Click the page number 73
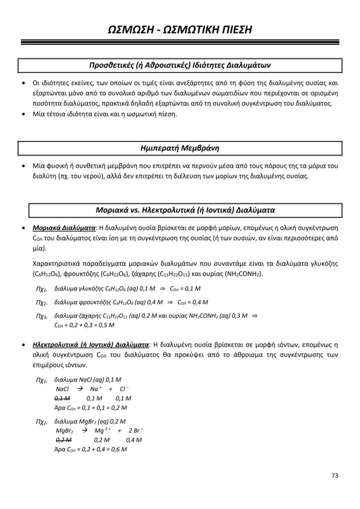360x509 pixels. pyautogui.click(x=334, y=476)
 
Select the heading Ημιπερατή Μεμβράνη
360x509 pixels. pyautogui.click(x=180, y=148)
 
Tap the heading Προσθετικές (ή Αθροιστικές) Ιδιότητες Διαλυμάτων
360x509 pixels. pyautogui.click(x=180, y=65)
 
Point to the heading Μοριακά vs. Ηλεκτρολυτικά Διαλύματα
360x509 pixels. pyautogui.click(x=185, y=210)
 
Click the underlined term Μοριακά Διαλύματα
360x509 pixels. pyautogui.click(x=64, y=228)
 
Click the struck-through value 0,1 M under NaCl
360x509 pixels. pyautogui.click(x=63, y=398)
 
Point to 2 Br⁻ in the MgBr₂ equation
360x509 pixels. pyautogui.click(x=136, y=431)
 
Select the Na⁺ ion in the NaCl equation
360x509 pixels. pyautogui.click(x=96, y=389)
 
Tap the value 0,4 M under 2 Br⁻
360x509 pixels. pyautogui.click(x=134, y=440)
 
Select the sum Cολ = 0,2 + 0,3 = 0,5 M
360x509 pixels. pyautogui.click(x=84, y=325)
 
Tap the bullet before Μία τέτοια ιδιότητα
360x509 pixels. pyautogui.click(x=24, y=114)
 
